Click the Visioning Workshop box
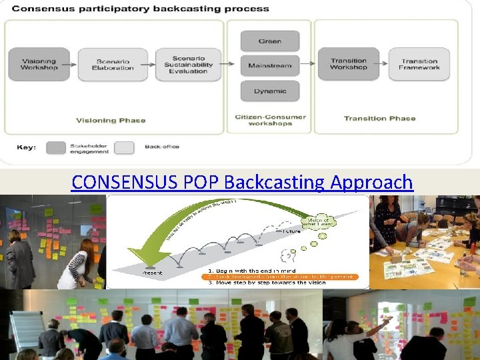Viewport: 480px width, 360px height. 39,65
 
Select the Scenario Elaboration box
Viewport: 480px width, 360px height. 113,65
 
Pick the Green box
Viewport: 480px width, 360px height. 270,41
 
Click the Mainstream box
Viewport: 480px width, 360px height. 270,65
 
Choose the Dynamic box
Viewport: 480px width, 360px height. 270,91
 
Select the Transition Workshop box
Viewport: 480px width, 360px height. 349,65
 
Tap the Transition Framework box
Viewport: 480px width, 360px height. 419,65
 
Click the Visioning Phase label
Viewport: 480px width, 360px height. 111,121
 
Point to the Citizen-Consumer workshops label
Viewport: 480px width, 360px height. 270,121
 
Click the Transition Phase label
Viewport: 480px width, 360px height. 379,119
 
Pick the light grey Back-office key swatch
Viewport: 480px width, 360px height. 124,148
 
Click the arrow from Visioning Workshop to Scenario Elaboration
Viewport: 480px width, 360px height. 73,65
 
